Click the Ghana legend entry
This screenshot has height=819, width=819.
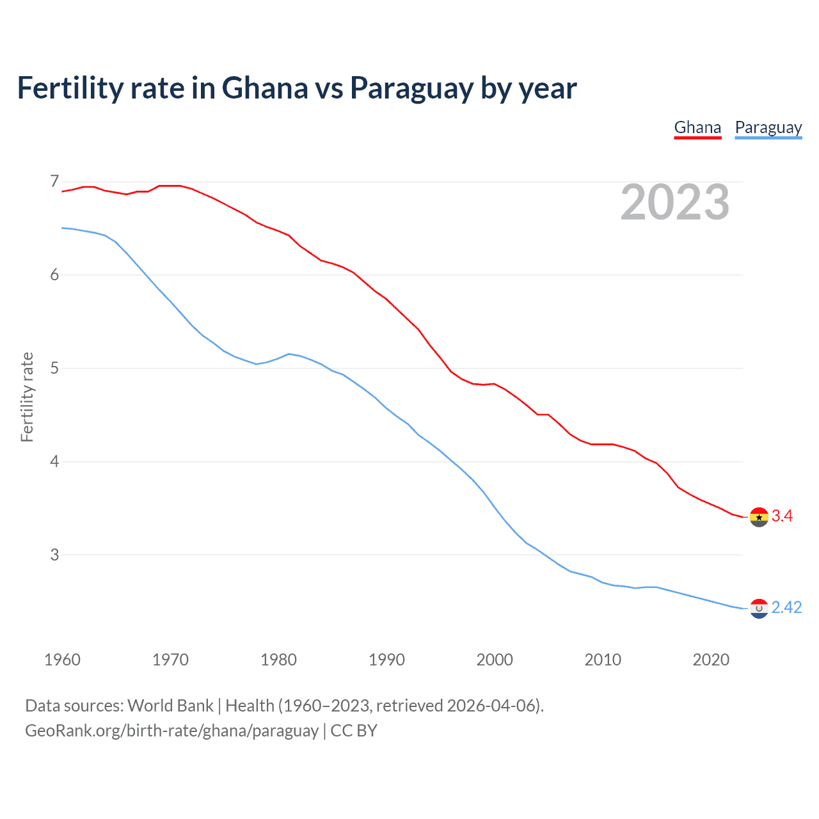point(697,128)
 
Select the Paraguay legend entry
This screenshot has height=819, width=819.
point(768,128)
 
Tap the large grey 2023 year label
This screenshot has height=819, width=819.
point(675,202)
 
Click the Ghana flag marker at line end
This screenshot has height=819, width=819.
point(759,517)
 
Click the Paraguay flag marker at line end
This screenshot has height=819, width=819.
point(759,608)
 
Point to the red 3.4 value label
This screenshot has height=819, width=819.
point(782,516)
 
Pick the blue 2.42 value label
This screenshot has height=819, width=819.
point(786,607)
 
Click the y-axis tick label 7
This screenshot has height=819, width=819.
point(54,182)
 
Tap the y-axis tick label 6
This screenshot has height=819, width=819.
point(54,275)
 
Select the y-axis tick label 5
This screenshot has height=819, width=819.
point(54,369)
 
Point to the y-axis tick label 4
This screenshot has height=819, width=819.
point(54,461)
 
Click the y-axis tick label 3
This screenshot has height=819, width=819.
point(54,555)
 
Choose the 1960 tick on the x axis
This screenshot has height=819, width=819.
point(62,660)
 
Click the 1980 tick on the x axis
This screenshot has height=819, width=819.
point(278,660)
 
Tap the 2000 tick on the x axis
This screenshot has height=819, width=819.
point(495,660)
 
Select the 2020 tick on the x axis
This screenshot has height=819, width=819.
point(711,660)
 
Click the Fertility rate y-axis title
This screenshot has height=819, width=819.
point(27,397)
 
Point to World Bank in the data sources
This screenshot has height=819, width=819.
point(170,706)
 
